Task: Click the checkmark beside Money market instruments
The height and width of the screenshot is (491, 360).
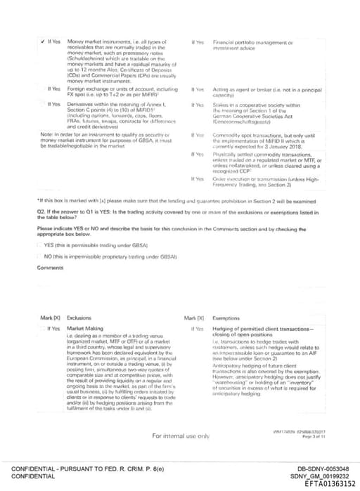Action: point(41,42)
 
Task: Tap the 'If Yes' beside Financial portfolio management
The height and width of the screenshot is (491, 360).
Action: point(198,42)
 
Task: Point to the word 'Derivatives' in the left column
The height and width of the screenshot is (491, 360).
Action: point(81,104)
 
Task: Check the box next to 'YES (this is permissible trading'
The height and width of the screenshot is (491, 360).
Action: point(39,246)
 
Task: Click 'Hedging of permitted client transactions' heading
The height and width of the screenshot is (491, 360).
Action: point(262,328)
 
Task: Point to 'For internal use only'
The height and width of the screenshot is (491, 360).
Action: point(181,436)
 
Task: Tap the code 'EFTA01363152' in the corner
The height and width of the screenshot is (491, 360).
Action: point(330,484)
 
